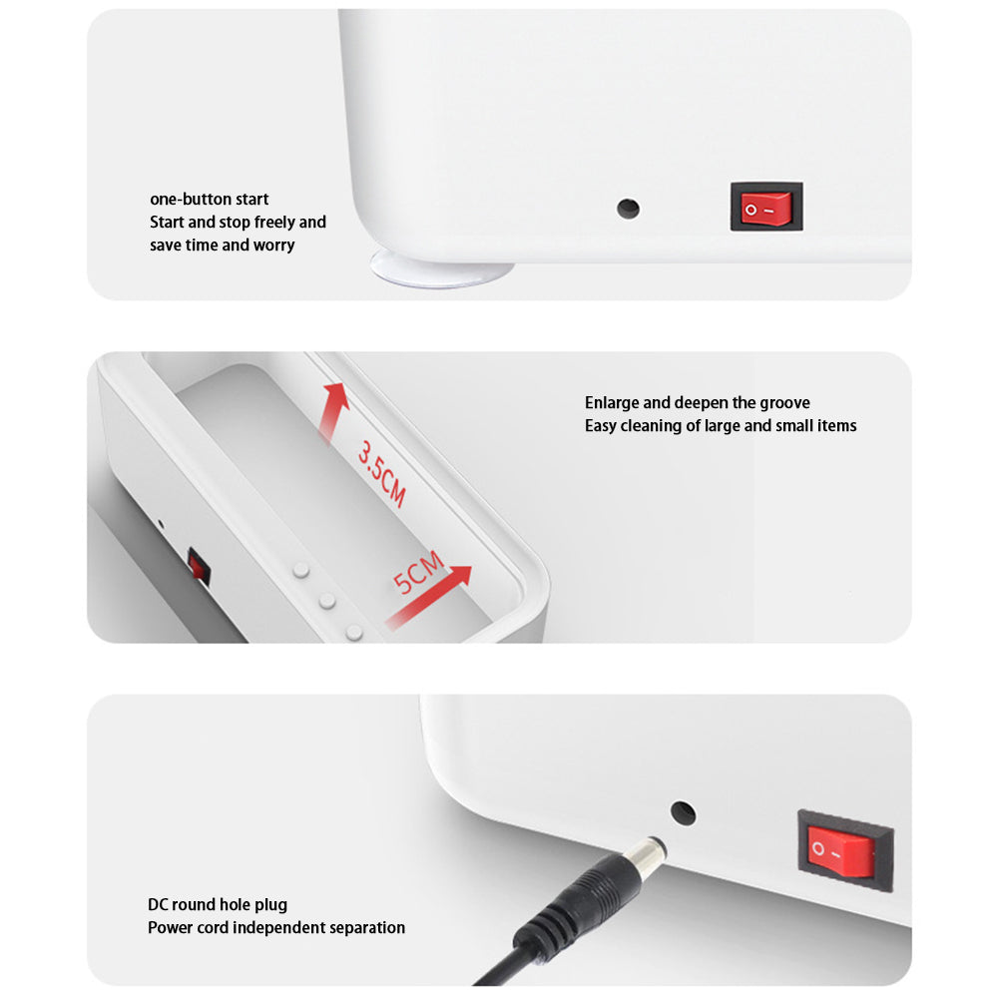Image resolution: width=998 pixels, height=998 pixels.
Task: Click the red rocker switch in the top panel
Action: coord(766,207)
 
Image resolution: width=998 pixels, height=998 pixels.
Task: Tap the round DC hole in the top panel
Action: coord(628,209)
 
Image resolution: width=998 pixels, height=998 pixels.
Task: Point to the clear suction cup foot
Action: coord(442,269)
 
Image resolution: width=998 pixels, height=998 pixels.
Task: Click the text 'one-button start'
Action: coord(209,200)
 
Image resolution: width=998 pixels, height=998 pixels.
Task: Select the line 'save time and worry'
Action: coord(223,246)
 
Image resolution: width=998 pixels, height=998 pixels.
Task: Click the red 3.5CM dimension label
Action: coord(381,474)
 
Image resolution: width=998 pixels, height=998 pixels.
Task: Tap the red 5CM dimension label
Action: coord(417,572)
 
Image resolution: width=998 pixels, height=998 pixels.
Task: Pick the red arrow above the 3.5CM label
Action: coord(333,412)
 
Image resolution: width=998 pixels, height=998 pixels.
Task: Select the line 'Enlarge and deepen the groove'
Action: coord(697,403)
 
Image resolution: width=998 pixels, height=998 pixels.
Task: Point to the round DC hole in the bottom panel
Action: coord(683,813)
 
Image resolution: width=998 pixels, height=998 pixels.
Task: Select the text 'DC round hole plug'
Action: coord(217,905)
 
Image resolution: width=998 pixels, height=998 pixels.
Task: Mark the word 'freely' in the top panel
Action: coord(274,223)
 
